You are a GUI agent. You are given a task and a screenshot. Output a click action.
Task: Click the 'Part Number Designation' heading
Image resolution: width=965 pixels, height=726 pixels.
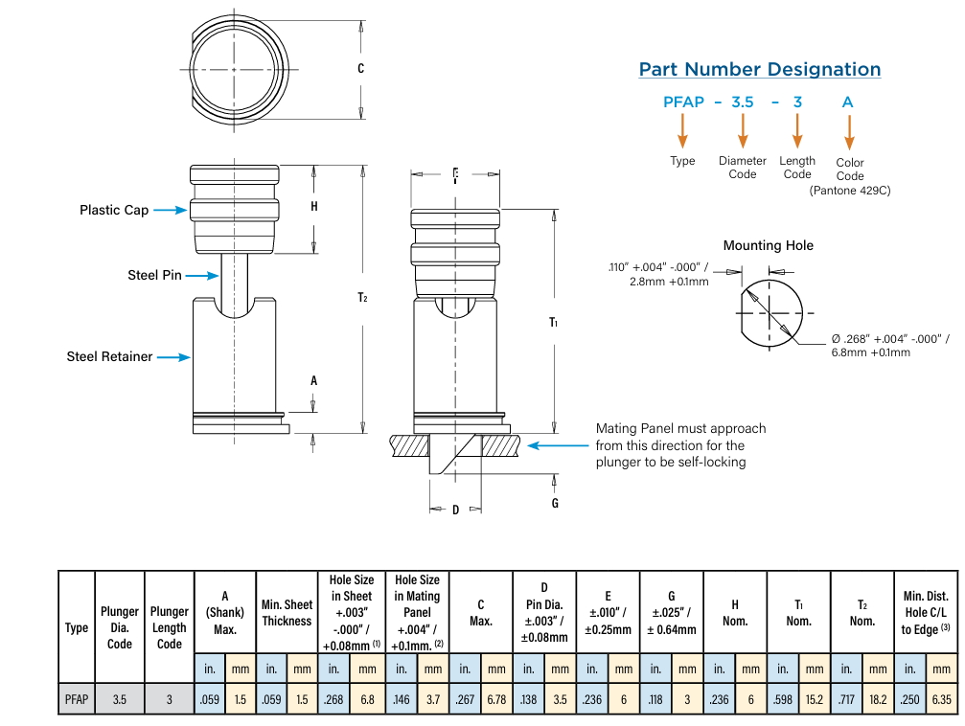coord(759,69)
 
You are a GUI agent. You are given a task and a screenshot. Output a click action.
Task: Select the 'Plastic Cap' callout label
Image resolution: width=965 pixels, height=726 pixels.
coord(114,210)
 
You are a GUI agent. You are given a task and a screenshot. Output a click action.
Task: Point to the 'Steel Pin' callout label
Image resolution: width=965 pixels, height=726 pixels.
coord(154,275)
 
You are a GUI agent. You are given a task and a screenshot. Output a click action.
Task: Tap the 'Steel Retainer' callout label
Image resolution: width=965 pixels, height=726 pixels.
coord(109,356)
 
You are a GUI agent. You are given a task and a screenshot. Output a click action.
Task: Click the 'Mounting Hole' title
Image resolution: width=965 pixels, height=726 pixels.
coord(768,245)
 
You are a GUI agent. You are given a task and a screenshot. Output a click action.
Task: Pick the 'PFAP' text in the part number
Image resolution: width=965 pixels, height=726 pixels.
coord(683,102)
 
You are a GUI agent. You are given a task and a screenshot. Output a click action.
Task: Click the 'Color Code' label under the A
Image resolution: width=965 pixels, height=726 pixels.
coord(850,169)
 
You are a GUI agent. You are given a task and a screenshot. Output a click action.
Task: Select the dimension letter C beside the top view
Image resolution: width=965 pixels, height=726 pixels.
coord(360,69)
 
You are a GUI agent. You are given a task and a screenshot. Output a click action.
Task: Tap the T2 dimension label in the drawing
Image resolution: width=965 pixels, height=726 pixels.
coord(362,298)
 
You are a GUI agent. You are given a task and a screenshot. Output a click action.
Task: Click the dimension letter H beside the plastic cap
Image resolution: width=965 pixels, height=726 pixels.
coord(314,207)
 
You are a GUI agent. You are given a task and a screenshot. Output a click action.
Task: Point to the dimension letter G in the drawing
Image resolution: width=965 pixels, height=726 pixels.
coord(555,503)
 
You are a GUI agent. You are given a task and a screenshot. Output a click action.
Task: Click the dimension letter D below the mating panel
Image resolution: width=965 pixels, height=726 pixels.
coord(455,510)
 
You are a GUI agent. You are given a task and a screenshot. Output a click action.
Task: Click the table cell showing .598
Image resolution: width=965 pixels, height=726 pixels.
coord(783,699)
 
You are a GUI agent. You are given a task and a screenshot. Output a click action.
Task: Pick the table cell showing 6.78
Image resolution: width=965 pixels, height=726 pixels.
coord(496,699)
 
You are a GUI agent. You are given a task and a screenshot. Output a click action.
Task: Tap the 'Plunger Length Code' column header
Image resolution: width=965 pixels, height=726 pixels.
coord(170,627)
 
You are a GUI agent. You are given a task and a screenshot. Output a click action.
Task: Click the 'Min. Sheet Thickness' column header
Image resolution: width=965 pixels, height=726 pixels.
coord(287,613)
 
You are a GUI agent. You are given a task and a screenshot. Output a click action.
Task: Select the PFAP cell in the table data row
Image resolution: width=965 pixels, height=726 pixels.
coord(77,699)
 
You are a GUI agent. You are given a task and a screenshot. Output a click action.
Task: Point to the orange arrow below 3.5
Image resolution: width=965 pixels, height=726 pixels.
coord(742,130)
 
